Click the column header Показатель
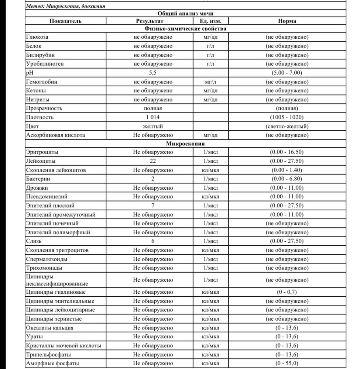pyautogui.click(x=65, y=21)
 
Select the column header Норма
pyautogui.click(x=287, y=21)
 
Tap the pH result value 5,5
pyautogui.click(x=153, y=73)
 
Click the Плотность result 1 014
pyautogui.click(x=153, y=117)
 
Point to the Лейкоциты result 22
pyautogui.click(x=153, y=161)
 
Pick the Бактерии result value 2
pyautogui.click(x=153, y=179)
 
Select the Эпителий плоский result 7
pyautogui.click(x=153, y=206)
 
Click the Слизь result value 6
pyautogui.click(x=153, y=241)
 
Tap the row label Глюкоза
pyautogui.click(x=37, y=37)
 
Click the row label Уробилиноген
pyautogui.click(x=45, y=64)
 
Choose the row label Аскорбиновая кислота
pyautogui.click(x=55, y=135)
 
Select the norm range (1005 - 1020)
pyautogui.click(x=287, y=117)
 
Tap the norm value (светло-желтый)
pyautogui.click(x=287, y=126)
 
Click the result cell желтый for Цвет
pyautogui.click(x=153, y=126)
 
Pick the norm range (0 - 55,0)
pyautogui.click(x=287, y=363)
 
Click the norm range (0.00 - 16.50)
pyautogui.click(x=287, y=152)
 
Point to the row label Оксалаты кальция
pyautogui.click(x=50, y=328)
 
